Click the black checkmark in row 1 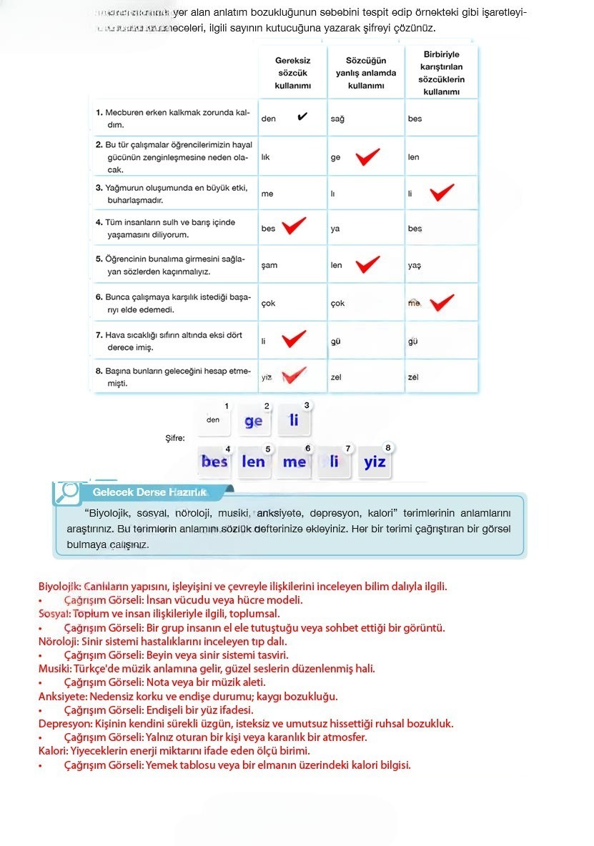pos(302,116)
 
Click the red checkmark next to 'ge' pos(367,157)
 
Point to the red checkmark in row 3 pos(442,193)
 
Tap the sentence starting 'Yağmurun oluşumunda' pos(172,194)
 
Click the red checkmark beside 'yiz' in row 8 pos(294,375)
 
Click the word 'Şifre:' pos(175,438)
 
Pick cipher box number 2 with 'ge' pos(254,421)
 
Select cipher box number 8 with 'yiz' pos(375,462)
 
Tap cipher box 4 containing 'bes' pos(214,462)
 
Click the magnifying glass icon pos(69,490)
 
